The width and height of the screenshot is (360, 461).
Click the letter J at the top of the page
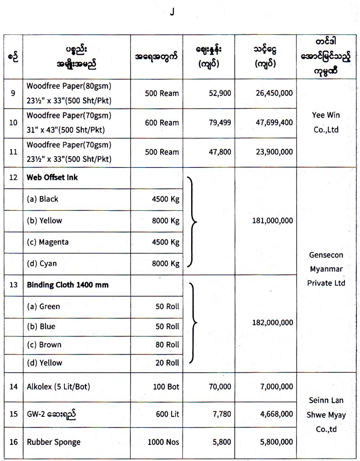pos(172,12)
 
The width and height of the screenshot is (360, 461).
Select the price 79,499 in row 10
pos(220,123)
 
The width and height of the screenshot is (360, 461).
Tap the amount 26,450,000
pos(274,93)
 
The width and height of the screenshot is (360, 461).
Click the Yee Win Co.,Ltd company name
pos(326,122)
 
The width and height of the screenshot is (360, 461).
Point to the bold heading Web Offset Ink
pos(52,178)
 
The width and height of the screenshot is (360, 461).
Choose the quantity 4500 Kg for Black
pos(166,199)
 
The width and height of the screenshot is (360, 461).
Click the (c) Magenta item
pos(48,242)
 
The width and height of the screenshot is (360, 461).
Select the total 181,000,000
pos(273,221)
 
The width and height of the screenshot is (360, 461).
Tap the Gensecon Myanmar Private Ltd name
pos(326,269)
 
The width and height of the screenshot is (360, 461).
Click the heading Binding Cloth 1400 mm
pos(68,285)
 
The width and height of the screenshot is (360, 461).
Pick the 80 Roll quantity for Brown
pos(167,345)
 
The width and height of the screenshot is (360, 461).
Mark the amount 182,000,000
pos(273,323)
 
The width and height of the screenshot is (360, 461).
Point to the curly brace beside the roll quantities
pos(193,323)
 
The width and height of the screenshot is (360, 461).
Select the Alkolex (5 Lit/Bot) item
pos(58,387)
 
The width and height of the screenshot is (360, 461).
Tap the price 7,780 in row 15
pos(222,414)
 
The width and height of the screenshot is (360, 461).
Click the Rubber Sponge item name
pos(54,442)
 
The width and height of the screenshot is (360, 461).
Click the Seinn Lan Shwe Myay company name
pos(326,415)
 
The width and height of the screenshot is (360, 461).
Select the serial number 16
pos(14,442)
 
